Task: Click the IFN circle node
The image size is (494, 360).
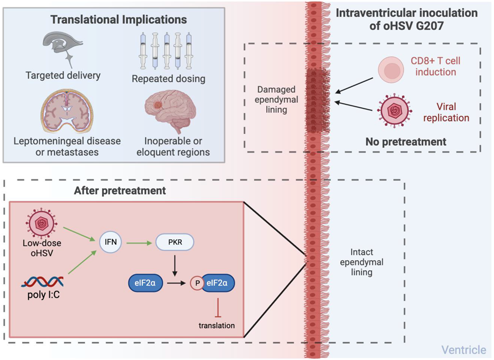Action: (111, 242)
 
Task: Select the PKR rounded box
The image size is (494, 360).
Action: (175, 242)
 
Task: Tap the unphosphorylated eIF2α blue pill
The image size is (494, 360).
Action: (145, 283)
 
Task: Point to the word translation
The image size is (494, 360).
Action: (216, 326)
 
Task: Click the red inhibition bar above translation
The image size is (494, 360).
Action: (218, 308)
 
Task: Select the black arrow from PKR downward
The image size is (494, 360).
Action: (175, 266)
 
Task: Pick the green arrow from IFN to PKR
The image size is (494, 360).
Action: (139, 243)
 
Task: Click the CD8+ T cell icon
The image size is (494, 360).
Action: (391, 70)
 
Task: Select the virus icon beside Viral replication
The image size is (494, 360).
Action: (395, 110)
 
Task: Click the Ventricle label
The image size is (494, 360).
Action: (464, 350)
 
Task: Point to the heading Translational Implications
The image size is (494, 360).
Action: (119, 20)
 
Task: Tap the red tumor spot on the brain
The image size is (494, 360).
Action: (157, 105)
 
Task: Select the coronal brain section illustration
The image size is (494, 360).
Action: (67, 111)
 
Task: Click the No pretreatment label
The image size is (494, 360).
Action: (406, 142)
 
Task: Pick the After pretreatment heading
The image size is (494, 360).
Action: (120, 191)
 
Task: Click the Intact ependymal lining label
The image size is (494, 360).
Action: (362, 262)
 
